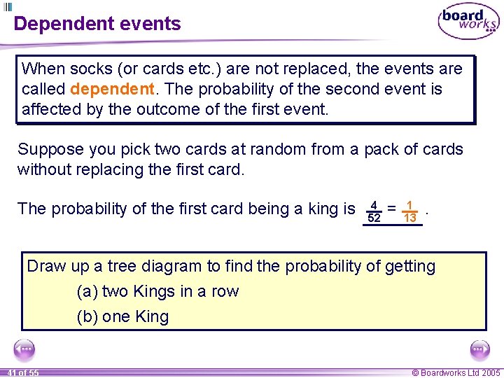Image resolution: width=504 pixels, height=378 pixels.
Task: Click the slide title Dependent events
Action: [x=97, y=24]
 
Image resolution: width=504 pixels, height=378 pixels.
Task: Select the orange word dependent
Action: [x=112, y=90]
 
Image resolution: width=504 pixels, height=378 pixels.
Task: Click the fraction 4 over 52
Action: [x=374, y=212]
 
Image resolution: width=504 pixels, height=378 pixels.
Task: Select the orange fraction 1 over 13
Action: [x=410, y=212]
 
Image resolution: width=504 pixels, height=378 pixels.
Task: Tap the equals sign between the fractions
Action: [x=392, y=209]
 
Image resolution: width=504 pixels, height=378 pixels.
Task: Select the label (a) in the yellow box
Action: [x=87, y=292]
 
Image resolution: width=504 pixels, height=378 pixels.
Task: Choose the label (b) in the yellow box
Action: [x=87, y=317]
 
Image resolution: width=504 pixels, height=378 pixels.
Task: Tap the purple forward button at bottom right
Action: [x=479, y=349]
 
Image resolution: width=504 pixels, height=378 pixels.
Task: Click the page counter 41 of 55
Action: [x=23, y=373]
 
